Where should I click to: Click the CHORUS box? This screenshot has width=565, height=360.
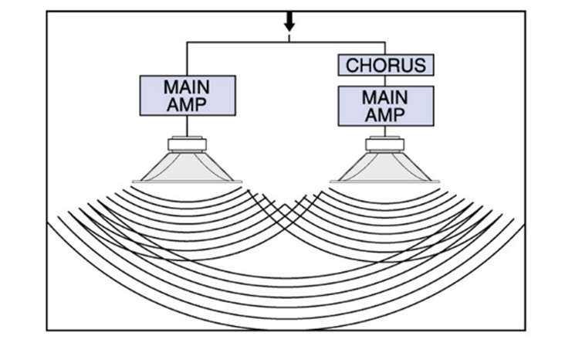[x=385, y=65]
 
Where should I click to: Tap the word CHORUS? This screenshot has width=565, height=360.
[x=385, y=65]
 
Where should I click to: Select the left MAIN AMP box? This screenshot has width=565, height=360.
[x=187, y=95]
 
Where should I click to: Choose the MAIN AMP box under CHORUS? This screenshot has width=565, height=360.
[x=385, y=106]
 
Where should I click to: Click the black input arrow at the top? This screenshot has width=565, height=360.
[x=289, y=20]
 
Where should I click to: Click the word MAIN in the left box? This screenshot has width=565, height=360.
[x=187, y=87]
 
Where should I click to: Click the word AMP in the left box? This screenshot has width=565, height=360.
[x=187, y=104]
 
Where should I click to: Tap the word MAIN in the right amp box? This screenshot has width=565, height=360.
[x=385, y=97]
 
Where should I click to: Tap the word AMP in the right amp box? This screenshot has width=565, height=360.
[x=385, y=115]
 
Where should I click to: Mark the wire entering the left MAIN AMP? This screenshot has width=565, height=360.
[x=187, y=59]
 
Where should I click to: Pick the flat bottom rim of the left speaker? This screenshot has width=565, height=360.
[x=187, y=182]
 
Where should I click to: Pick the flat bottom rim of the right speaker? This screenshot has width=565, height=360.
[x=385, y=182]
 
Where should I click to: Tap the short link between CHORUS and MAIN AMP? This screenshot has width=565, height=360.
[x=385, y=80]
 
